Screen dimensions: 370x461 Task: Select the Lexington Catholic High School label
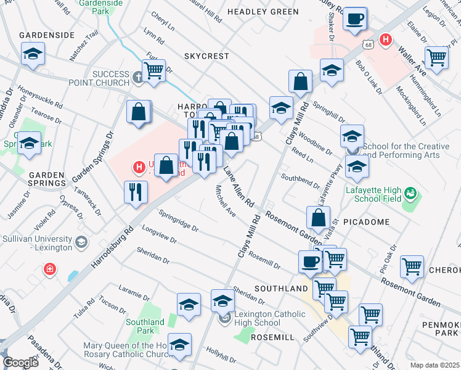click(258, 319)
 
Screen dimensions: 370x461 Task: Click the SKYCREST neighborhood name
click(206, 55)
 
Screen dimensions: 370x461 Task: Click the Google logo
click(20, 362)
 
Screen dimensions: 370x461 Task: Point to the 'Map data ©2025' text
click(434, 365)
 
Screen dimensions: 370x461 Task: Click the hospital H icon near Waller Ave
click(386, 40)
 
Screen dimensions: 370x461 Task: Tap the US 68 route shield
click(368, 45)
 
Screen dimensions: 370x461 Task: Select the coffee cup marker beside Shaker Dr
click(354, 18)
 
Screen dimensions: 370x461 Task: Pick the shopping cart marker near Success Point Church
click(153, 70)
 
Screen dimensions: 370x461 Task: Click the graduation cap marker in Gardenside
click(33, 54)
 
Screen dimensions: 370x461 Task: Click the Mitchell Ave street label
click(226, 202)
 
